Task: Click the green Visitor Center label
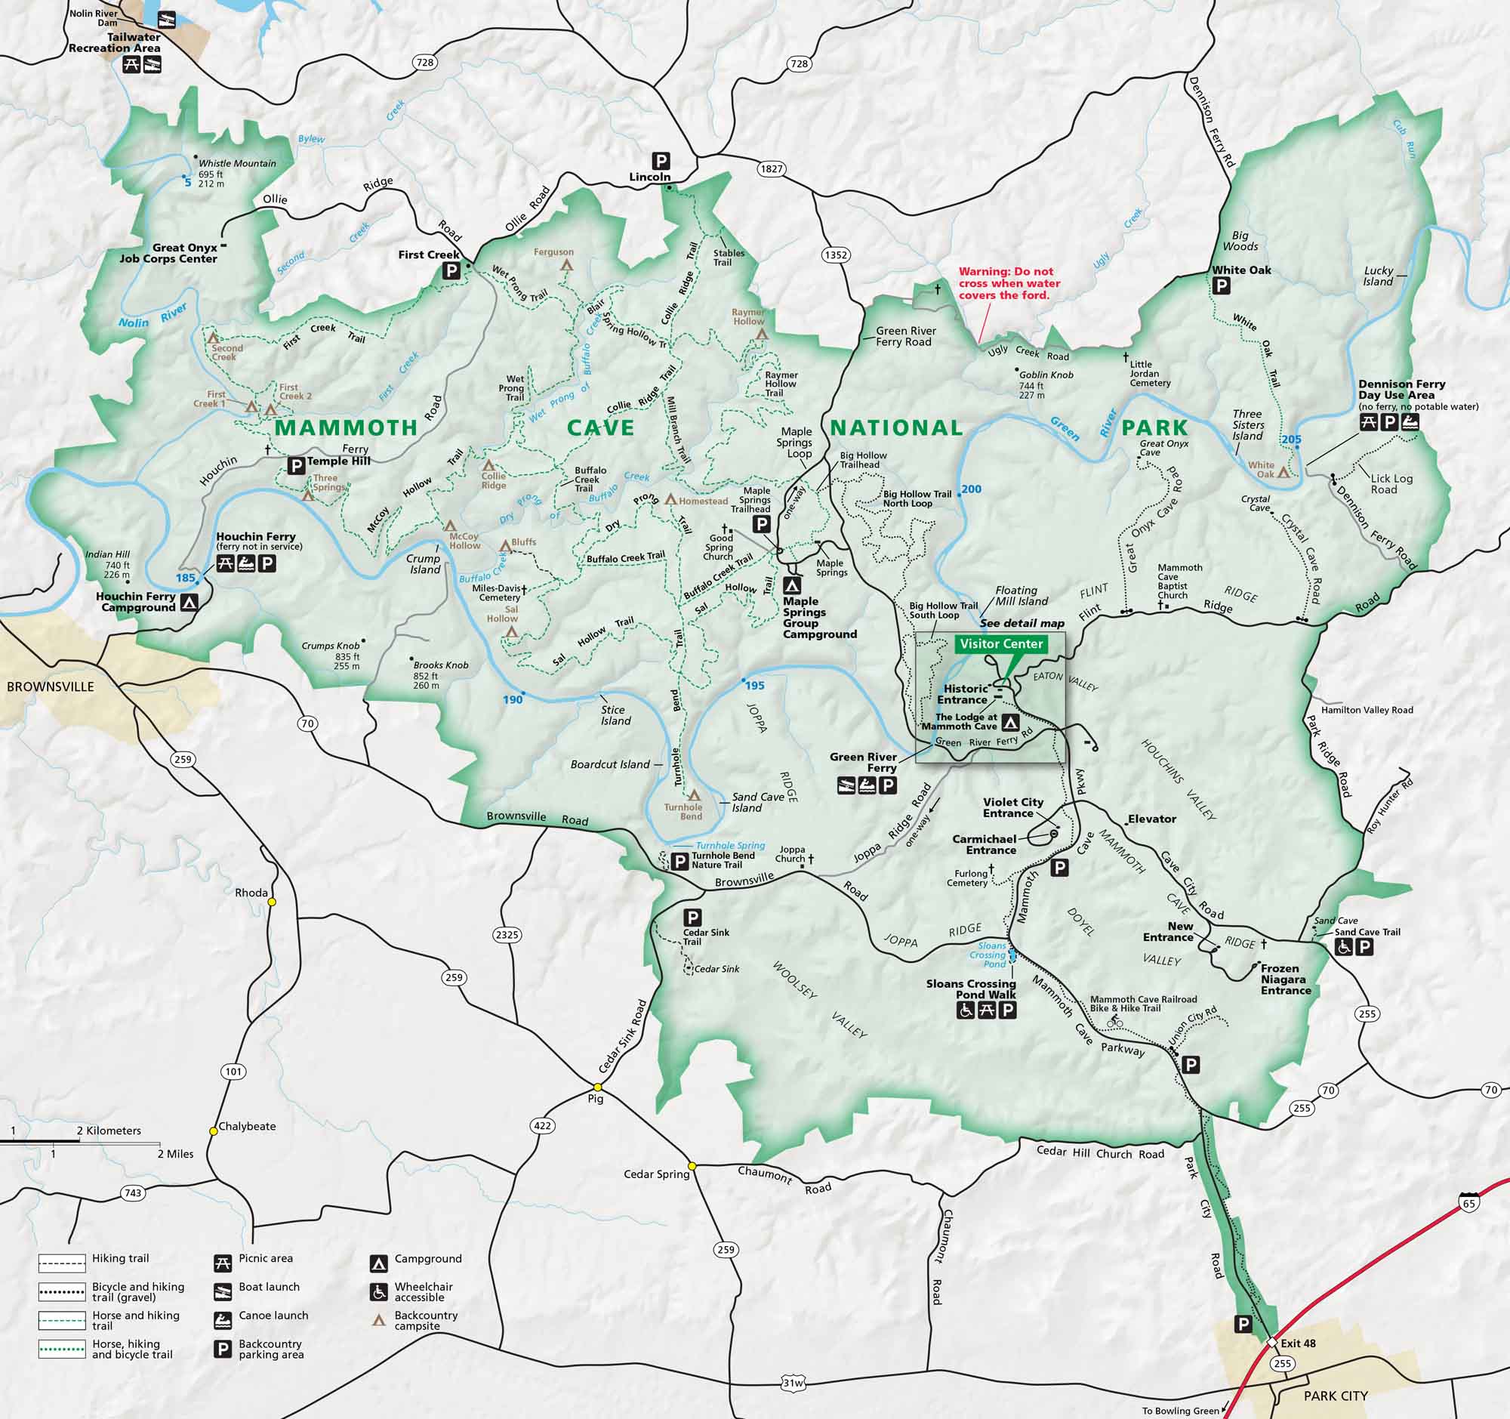1000,643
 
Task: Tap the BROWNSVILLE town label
50,686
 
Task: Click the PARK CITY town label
1336,1396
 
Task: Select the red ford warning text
1009,283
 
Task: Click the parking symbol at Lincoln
660,161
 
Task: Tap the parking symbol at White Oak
1222,286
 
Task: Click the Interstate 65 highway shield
1469,1202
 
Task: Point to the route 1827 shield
771,168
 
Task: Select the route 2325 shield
507,934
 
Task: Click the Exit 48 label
1297,1342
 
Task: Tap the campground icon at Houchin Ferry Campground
190,603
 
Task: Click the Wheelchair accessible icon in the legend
378,1291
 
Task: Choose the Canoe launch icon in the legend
223,1320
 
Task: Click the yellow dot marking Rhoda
272,902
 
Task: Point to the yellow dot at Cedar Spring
692,1165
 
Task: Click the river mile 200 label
971,489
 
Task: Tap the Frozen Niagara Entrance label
1285,979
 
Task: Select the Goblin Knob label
1046,375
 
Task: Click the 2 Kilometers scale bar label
109,1131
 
